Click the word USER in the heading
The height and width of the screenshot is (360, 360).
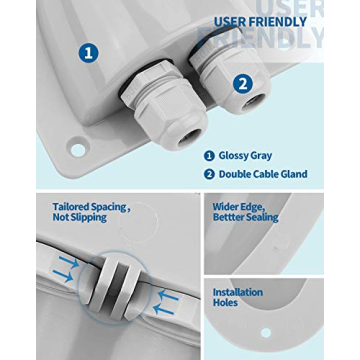coord(229,22)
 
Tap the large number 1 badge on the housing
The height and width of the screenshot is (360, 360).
coord(89,53)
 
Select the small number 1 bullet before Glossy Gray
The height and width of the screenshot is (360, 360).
coord(209,156)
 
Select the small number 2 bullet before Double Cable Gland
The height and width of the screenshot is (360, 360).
coord(209,174)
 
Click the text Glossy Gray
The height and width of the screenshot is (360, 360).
coord(245,156)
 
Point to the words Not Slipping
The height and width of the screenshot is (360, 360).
coord(76,217)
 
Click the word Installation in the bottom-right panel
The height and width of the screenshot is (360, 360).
coord(238,292)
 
